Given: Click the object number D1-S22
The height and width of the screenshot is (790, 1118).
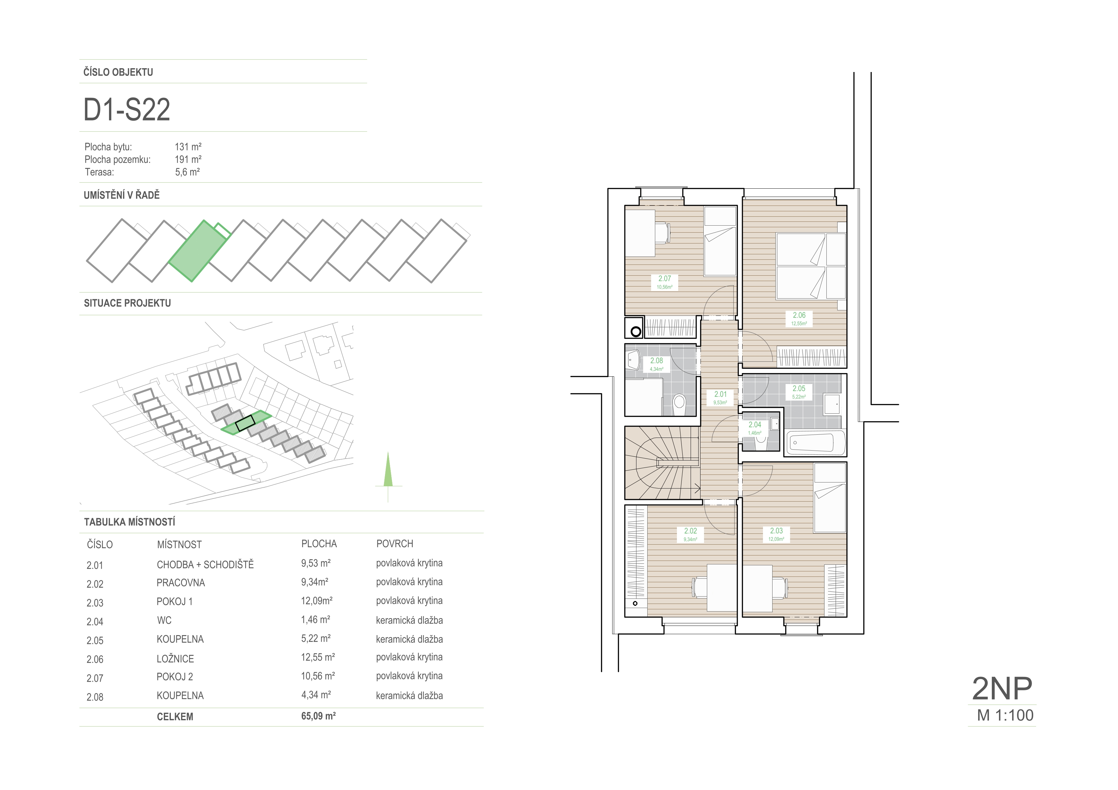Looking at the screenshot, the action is pyautogui.click(x=127, y=110).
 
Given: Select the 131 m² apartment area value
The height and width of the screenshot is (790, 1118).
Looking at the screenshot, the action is pyautogui.click(x=188, y=147).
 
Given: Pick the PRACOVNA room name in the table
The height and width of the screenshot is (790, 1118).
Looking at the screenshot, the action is pyautogui.click(x=181, y=583).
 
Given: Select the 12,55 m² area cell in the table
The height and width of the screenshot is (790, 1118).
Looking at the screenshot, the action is pyautogui.click(x=318, y=657).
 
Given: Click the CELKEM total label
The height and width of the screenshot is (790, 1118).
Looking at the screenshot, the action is pyautogui.click(x=175, y=716).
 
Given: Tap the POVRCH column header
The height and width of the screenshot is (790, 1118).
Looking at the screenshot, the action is pyautogui.click(x=395, y=544).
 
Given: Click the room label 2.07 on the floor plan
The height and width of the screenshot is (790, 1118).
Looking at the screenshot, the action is pyautogui.click(x=665, y=279).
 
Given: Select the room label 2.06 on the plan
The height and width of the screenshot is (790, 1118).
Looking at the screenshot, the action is pyautogui.click(x=799, y=315).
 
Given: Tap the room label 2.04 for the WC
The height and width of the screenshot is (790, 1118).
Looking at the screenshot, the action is pyautogui.click(x=755, y=424).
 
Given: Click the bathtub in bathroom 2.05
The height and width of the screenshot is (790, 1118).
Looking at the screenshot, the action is pyautogui.click(x=815, y=442).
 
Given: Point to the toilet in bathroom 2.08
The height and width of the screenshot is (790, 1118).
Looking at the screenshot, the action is pyautogui.click(x=679, y=404).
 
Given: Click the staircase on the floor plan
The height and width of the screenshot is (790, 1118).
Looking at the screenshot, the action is pyautogui.click(x=663, y=463).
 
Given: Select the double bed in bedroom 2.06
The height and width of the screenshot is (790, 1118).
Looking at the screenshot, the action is pyautogui.click(x=811, y=266).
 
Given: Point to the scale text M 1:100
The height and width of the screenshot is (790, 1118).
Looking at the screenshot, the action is pyautogui.click(x=1005, y=715).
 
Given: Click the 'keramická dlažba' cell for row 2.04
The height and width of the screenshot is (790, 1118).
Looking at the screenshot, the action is pyautogui.click(x=409, y=620).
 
